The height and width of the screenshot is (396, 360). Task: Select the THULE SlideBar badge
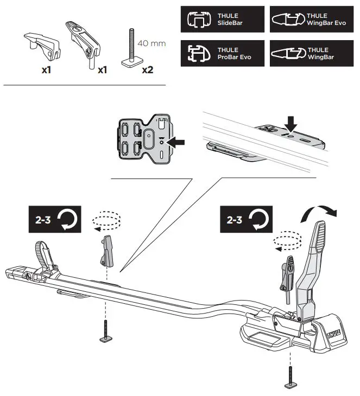point(222,20)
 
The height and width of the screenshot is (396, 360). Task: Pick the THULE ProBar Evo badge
point(222,53)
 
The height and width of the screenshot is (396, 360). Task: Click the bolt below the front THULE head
point(289,374)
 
